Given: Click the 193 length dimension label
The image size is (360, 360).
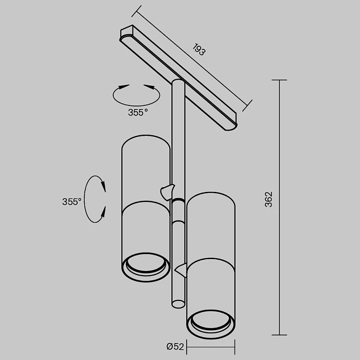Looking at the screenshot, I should coord(200,50).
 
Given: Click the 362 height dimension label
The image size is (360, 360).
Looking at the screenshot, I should coord(268,200).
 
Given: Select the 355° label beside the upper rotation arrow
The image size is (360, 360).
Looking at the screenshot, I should coord(138,113).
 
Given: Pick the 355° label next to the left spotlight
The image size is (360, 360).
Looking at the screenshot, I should coord(72,202).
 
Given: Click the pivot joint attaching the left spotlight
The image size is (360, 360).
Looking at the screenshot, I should coord(166,191).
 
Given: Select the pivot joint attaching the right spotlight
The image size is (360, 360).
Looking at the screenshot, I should coord(181,267).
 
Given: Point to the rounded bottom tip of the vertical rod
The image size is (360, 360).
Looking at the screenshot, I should coord(176,303).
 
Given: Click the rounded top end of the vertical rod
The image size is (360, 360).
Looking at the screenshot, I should coord(177,82).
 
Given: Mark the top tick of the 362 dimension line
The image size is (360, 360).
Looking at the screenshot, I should coord(279,80).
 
